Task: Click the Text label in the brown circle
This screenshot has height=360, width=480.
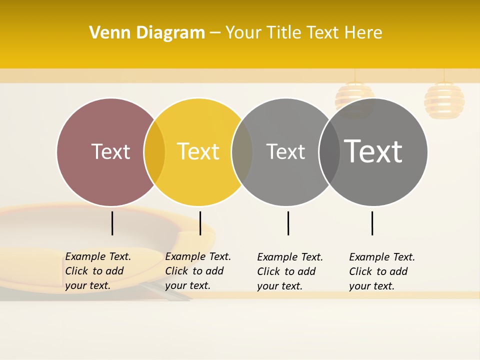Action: [x=110, y=151]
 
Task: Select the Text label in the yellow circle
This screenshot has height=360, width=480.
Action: [x=198, y=151]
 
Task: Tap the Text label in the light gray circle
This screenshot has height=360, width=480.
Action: [x=285, y=151]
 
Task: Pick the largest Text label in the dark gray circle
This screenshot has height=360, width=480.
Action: [x=373, y=151]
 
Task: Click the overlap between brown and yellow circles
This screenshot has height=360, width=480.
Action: [x=154, y=152]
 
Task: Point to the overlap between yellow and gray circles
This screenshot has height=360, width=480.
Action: [x=242, y=152]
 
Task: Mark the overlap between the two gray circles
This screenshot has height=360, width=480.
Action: [x=329, y=152]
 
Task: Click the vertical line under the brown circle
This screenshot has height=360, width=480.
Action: [x=112, y=223]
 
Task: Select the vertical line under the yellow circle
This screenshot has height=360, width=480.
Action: [x=200, y=223]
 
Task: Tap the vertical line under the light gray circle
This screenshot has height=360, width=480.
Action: [x=288, y=223]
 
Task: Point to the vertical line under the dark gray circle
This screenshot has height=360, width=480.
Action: [x=372, y=223]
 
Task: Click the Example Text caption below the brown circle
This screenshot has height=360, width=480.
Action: [x=97, y=271]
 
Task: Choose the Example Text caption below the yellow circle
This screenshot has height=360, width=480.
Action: [x=197, y=271]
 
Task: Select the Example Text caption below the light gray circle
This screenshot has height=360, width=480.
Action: [x=289, y=271]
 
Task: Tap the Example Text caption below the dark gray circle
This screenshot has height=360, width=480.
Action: [x=381, y=271]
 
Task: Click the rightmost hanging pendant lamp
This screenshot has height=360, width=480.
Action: [x=444, y=100]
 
